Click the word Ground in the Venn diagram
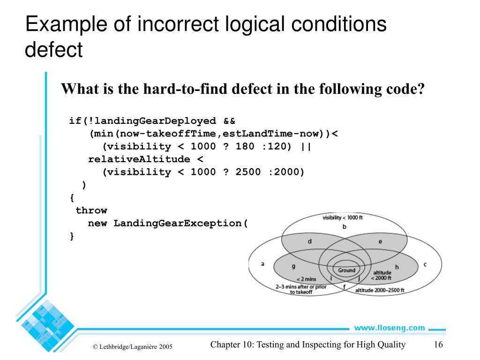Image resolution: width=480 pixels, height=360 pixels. [x=347, y=270]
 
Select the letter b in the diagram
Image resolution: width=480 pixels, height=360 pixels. [x=344, y=227]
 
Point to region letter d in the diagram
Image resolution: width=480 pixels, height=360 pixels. [x=310, y=242]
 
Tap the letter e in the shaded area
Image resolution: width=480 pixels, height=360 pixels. [x=380, y=242]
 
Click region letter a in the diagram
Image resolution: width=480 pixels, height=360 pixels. [x=262, y=263]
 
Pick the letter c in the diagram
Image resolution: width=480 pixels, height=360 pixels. [x=425, y=264]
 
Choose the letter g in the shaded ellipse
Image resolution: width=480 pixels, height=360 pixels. [x=293, y=266]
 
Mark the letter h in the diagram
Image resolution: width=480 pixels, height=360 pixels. [x=397, y=267]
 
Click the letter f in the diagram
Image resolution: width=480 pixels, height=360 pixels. [x=344, y=286]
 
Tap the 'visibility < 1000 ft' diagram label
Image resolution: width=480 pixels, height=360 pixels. [x=343, y=217]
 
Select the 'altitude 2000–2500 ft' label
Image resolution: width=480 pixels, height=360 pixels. [x=380, y=291]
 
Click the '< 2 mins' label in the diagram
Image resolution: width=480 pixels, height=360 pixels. [x=306, y=279]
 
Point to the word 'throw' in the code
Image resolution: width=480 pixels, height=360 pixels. [x=91, y=210]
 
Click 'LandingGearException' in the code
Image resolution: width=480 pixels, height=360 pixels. [x=178, y=223]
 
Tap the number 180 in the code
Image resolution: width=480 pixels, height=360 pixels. [x=245, y=147]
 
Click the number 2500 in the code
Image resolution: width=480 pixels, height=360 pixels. [x=248, y=172]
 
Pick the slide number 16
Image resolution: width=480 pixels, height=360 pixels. [x=439, y=345]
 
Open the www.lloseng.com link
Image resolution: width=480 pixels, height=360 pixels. [x=390, y=328]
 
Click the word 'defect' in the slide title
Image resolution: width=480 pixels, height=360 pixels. [x=54, y=50]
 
